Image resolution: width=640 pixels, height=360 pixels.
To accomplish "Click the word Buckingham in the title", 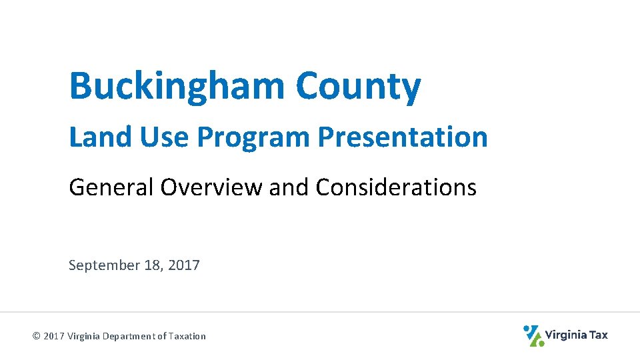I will click(177, 87).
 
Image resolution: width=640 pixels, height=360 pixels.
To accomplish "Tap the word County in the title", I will click(358, 87).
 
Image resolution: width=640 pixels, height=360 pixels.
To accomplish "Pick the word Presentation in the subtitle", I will click(403, 137).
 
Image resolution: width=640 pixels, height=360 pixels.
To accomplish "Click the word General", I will click(111, 187).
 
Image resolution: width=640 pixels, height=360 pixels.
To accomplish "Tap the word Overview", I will click(211, 187).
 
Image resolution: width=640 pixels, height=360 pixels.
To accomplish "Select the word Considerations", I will click(396, 187).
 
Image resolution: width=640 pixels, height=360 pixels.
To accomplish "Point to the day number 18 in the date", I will click(152, 265).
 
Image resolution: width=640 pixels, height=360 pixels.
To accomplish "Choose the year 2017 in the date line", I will click(184, 265).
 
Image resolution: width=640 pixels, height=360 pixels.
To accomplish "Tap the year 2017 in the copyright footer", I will click(54, 336).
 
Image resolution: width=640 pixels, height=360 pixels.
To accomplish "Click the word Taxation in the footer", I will click(187, 336).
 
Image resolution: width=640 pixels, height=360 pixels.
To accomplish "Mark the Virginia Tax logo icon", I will click(533, 335).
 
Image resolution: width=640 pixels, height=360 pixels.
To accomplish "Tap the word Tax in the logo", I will click(599, 335).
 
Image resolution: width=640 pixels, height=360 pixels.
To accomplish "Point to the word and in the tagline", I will click(290, 187).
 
